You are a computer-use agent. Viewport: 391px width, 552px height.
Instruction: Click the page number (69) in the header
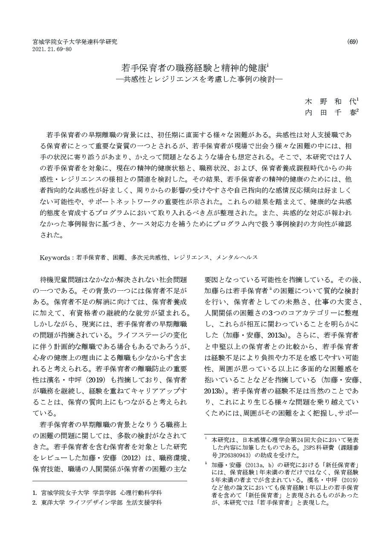tap(353, 41)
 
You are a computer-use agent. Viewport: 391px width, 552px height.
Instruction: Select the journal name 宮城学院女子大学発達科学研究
tap(75, 42)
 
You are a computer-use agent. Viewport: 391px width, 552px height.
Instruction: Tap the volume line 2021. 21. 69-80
tap(52, 49)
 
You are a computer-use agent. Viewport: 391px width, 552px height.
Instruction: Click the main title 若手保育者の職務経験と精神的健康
tap(194, 68)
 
